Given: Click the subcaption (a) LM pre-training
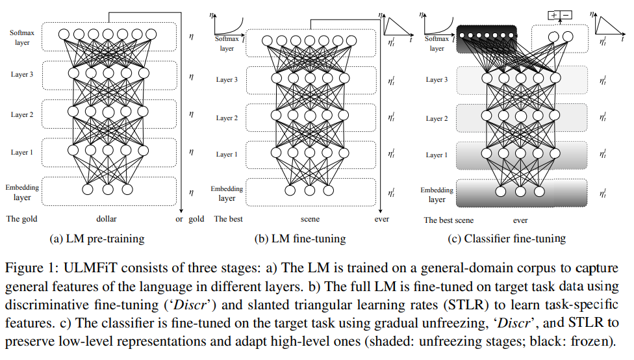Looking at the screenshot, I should [97, 238].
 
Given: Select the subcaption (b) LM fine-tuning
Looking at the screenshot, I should [299, 238].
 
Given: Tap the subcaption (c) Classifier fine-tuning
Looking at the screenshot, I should [507, 238].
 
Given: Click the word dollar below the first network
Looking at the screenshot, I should [106, 219].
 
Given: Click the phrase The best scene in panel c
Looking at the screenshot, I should [449, 220].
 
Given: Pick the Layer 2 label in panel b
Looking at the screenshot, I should [227, 118].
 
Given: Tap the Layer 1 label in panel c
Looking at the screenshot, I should [437, 155].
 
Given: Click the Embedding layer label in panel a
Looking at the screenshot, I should [23, 192].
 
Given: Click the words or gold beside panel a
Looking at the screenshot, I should [190, 219].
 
